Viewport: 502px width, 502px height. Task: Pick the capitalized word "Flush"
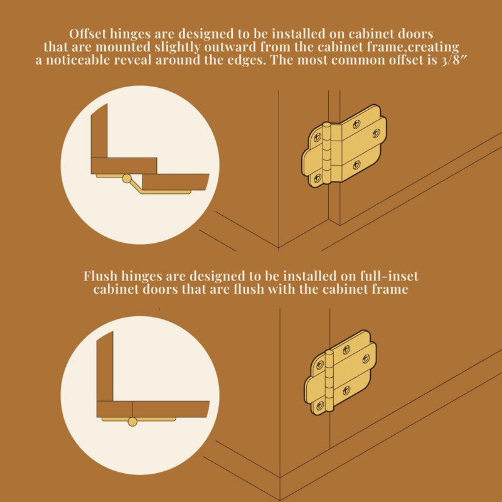tap(100, 276)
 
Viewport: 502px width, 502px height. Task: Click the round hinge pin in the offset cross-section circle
tap(127, 179)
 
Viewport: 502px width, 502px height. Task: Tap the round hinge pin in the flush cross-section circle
tap(132, 422)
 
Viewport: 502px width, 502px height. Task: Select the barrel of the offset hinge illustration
tap(326, 153)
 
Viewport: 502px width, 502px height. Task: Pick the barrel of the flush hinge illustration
tap(329, 380)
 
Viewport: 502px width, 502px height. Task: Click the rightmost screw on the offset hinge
tap(376, 133)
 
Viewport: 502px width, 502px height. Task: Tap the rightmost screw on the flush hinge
tap(366, 359)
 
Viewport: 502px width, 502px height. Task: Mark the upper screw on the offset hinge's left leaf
tap(318, 137)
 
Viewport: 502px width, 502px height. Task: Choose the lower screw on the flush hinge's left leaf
tap(319, 405)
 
